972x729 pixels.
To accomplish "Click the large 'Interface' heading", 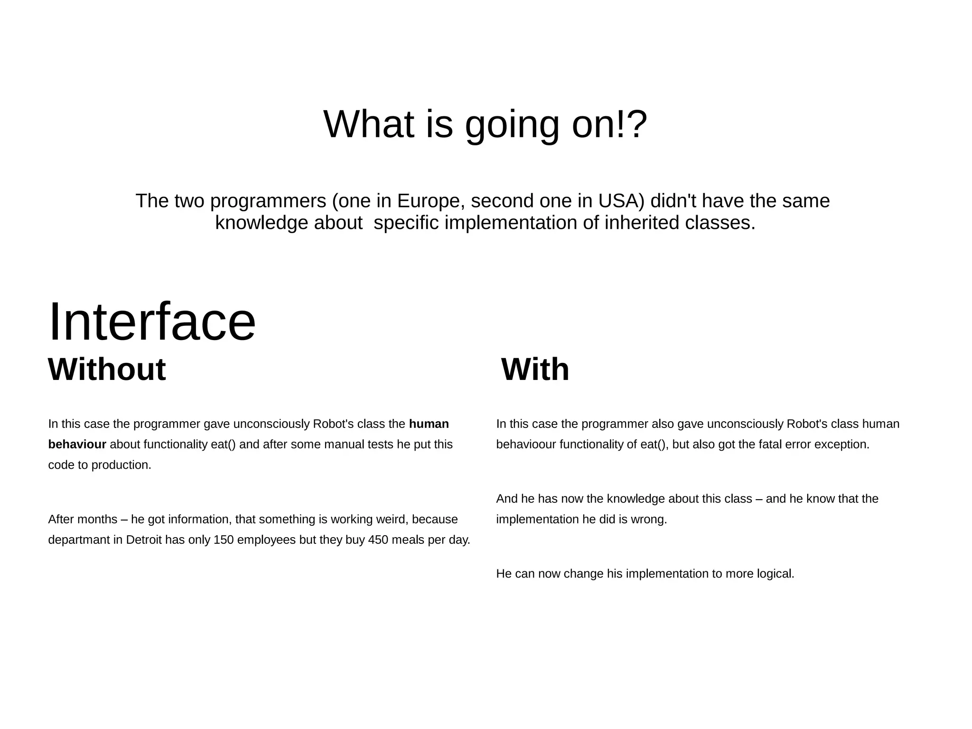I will (x=152, y=322).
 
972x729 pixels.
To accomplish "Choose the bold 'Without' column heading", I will (x=107, y=369).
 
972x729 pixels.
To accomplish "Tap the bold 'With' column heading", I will (x=535, y=369).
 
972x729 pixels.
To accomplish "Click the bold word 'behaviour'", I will (x=77, y=445).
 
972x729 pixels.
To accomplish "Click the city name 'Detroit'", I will (x=144, y=540).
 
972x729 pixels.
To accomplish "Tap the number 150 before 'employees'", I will (x=223, y=540).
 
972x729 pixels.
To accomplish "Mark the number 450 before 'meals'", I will (x=378, y=540).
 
